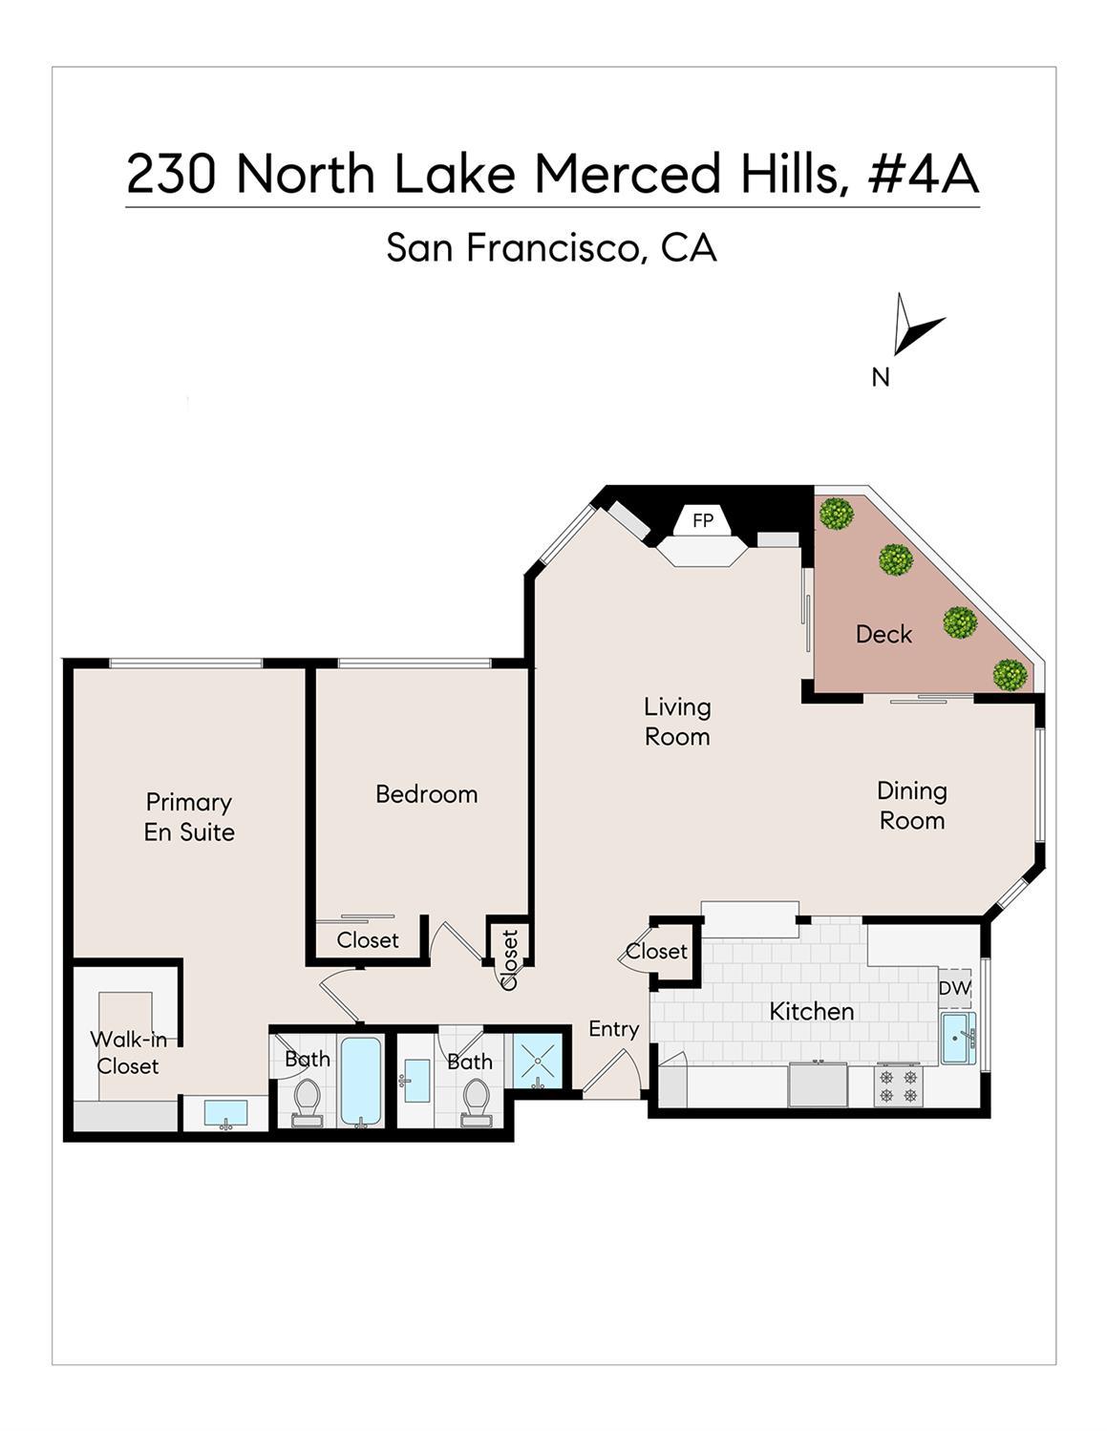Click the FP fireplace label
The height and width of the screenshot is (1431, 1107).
[x=703, y=520]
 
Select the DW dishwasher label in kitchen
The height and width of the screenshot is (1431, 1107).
[x=953, y=989]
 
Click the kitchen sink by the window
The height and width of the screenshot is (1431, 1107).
[x=956, y=1039]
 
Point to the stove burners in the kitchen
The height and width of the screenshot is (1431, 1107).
[x=898, y=1085]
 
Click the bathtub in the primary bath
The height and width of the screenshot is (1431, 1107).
[x=361, y=1081]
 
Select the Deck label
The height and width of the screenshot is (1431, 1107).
[x=883, y=634]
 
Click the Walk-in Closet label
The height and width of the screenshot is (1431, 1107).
[x=127, y=1052]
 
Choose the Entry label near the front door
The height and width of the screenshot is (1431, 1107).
[x=613, y=1028]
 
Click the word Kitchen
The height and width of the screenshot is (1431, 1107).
[x=812, y=1011]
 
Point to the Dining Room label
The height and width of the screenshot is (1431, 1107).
[x=911, y=805]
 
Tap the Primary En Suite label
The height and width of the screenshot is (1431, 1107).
[x=189, y=816]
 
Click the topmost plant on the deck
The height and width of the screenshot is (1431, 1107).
[x=837, y=514]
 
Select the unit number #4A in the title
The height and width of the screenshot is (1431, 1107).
[x=923, y=174]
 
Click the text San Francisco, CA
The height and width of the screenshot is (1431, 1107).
[x=551, y=248]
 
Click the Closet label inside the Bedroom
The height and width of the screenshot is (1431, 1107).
[x=368, y=940]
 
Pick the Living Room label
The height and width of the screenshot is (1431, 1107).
[x=677, y=721]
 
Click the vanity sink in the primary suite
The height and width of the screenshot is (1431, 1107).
[x=225, y=1113]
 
